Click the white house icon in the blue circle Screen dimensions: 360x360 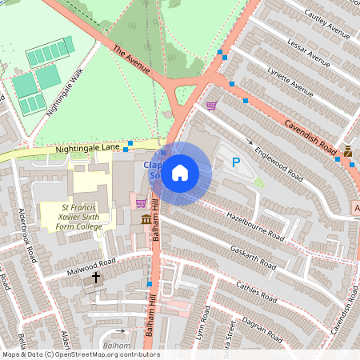tap(180, 173)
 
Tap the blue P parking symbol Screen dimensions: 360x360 tap(236, 162)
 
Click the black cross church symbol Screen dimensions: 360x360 tap(97, 278)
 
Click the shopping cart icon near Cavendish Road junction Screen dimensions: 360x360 tap(211, 105)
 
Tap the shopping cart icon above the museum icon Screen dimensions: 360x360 tap(142, 203)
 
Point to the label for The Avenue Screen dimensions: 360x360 tap(132, 60)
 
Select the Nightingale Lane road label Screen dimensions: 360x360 tap(87, 149)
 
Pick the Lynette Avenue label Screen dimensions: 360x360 tap(290, 78)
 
